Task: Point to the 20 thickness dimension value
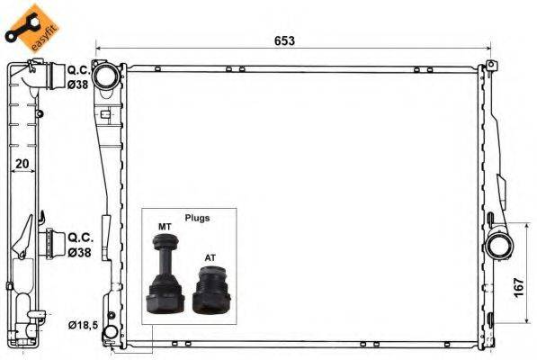[22, 165]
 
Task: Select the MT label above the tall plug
[165, 227]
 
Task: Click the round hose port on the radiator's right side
[498, 246]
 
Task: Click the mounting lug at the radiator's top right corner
[491, 67]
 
